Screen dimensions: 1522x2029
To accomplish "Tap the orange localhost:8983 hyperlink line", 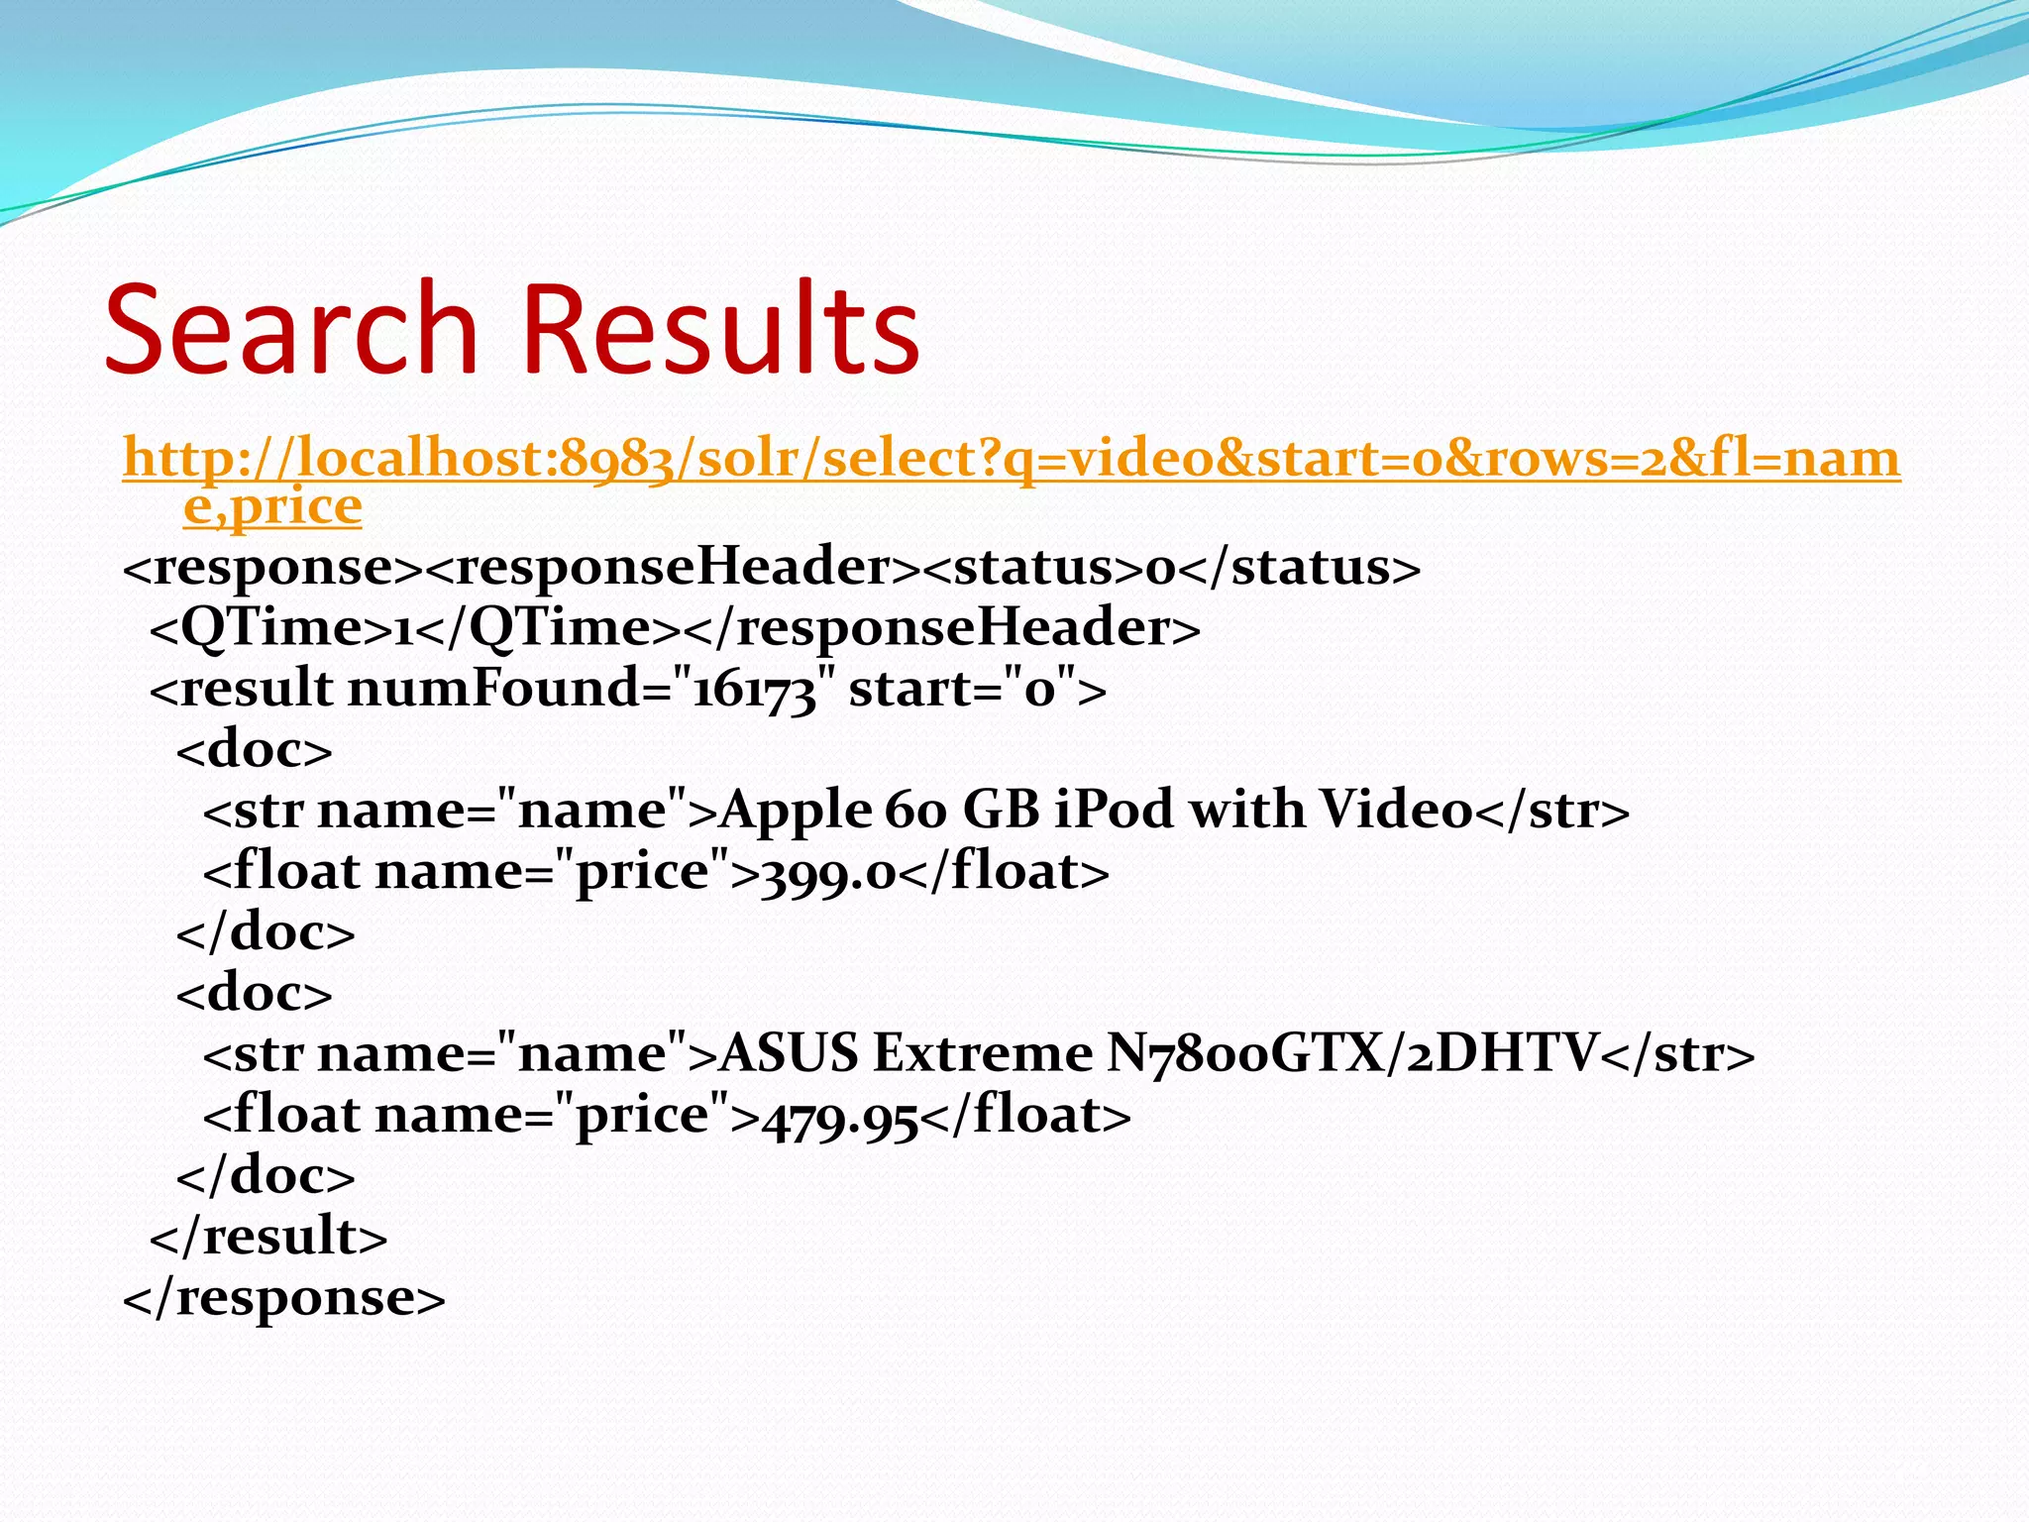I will click(1011, 459).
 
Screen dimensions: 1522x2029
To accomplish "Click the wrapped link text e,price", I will click(272, 507).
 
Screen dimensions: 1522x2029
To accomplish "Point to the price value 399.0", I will click(828, 873).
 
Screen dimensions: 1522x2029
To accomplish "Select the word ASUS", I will click(789, 1053).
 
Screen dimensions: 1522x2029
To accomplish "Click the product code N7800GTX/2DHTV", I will click(1352, 1053).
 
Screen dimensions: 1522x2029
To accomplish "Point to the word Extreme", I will click(982, 1053).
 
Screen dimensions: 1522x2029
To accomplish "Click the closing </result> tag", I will click(268, 1237).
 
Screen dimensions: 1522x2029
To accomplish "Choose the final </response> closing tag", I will click(284, 1298).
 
